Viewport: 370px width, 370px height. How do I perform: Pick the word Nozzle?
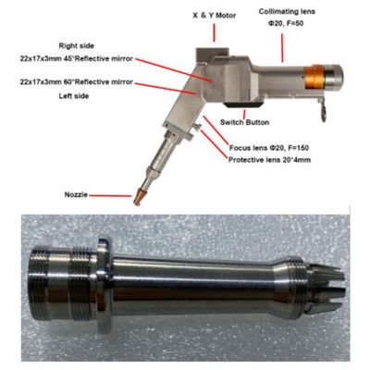click(78, 195)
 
